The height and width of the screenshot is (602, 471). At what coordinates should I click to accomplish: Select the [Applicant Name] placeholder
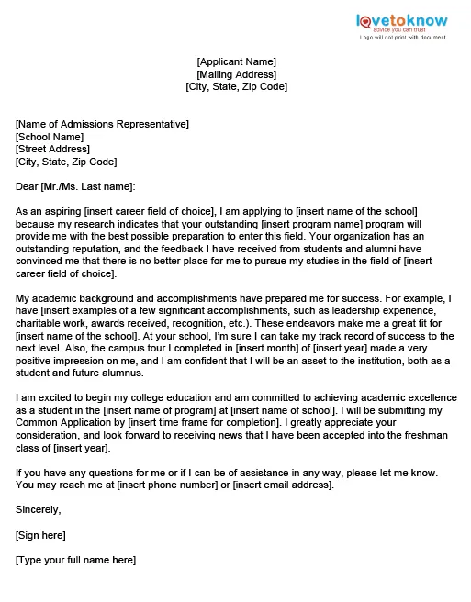click(236, 61)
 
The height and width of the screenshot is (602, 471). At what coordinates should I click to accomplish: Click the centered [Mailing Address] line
click(236, 74)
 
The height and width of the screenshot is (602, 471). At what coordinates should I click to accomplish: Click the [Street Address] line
click(53, 149)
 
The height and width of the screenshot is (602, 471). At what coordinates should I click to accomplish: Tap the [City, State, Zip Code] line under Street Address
click(66, 162)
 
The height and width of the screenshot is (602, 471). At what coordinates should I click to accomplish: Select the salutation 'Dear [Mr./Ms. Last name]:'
click(75, 186)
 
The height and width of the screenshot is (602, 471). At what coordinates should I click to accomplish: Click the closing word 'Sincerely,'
click(39, 509)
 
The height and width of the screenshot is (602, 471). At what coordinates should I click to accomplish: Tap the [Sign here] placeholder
click(40, 534)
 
